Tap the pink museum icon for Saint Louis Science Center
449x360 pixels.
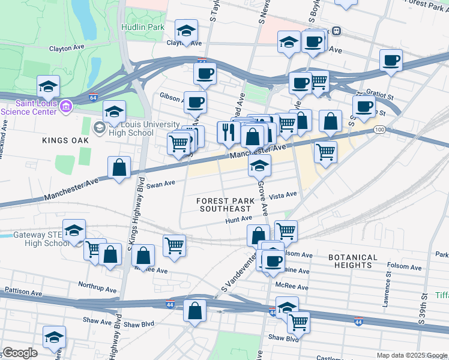(67, 106)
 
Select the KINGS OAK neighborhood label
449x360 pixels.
(65, 140)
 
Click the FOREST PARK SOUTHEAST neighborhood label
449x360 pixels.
(224, 204)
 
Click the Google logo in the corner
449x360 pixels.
(19, 352)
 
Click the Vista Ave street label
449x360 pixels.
(283, 195)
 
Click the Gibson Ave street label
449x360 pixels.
(172, 96)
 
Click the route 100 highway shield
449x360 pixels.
(379, 130)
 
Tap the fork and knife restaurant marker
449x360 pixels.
(228, 132)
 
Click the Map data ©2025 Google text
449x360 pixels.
(411, 355)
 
